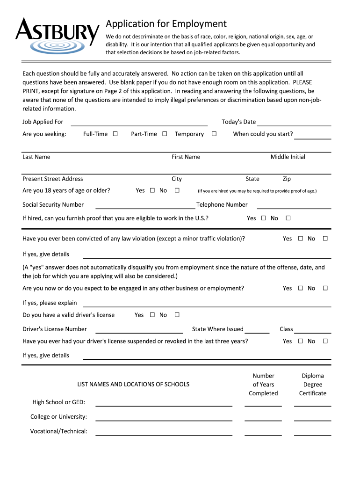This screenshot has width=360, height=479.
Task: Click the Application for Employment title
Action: click(166, 24)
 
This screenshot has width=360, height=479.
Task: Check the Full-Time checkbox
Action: click(115, 134)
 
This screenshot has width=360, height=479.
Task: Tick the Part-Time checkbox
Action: click(165, 134)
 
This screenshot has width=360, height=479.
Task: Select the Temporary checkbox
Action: click(214, 134)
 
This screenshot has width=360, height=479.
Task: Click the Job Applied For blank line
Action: click(138, 123)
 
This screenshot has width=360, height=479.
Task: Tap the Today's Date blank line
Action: click(294, 123)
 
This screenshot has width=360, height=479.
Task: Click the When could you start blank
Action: click(313, 136)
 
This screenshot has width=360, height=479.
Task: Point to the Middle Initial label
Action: click(288, 157)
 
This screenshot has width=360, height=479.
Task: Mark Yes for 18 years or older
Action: click(152, 191)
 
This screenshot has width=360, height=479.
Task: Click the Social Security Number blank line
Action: click(145, 206)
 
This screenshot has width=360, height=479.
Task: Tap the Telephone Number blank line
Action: click(294, 206)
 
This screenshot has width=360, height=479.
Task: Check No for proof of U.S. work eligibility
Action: click(288, 218)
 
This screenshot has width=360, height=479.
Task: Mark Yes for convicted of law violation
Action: click(301, 239)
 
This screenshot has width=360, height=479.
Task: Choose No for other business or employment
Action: click(325, 289)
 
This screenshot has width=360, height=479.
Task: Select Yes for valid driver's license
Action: click(152, 315)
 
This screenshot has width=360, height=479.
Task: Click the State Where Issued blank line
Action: click(257, 330)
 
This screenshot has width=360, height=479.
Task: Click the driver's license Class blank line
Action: click(313, 330)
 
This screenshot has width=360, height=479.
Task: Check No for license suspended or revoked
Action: click(325, 341)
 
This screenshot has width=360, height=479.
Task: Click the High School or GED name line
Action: click(164, 404)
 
